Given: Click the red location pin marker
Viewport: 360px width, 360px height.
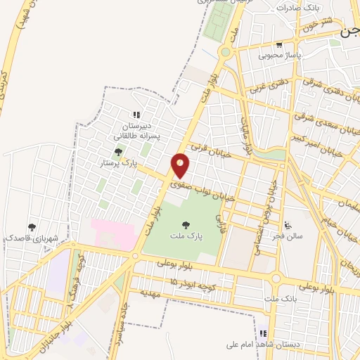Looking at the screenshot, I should (181, 165).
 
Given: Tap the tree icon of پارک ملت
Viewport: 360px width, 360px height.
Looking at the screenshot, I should (186, 225).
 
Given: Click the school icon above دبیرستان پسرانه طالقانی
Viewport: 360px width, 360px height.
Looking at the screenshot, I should (136, 115).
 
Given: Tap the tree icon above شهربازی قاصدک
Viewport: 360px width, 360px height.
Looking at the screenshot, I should (31, 226).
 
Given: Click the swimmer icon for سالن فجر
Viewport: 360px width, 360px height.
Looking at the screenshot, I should (289, 225).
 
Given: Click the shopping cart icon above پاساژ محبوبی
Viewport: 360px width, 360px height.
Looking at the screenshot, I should (279, 44).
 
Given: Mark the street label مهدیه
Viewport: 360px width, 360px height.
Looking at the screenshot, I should (152, 291).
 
